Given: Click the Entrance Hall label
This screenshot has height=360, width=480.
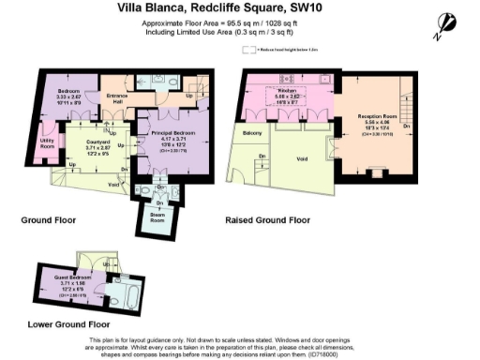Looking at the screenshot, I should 116,97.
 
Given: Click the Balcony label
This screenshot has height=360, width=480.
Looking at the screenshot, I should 252,134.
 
